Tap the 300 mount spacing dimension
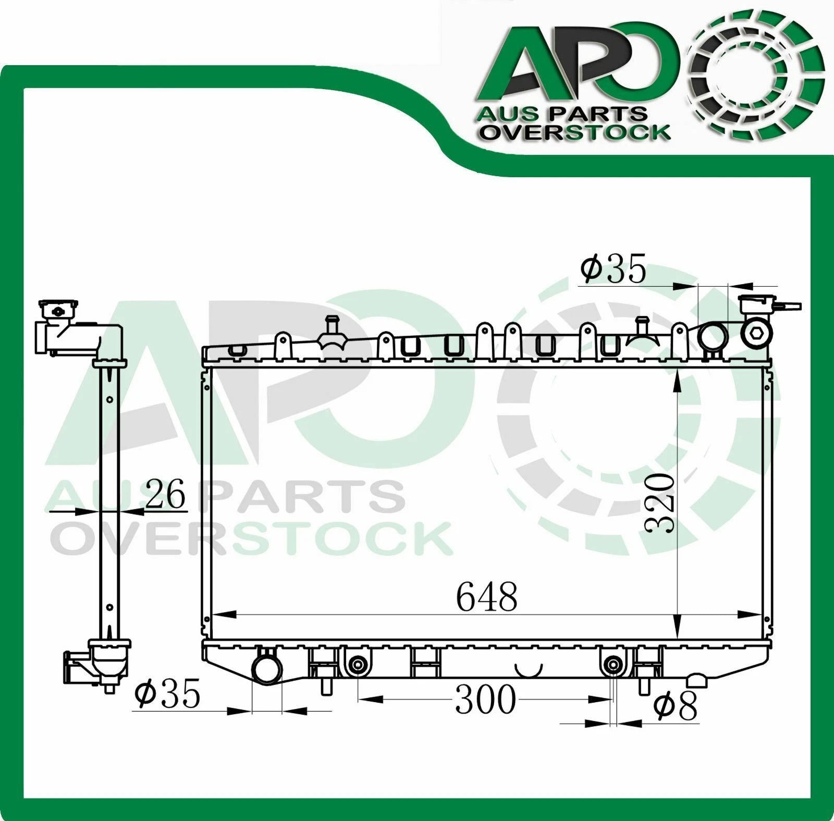[x=485, y=700]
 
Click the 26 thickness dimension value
[x=165, y=494]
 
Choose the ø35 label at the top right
[x=614, y=269]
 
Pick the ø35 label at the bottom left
[x=167, y=694]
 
